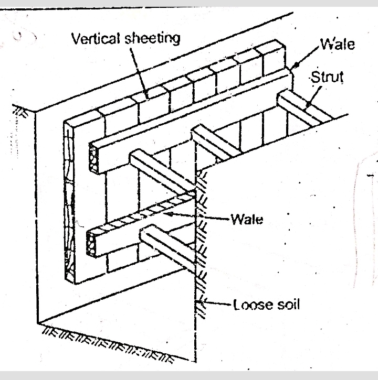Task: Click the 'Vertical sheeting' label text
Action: point(125,38)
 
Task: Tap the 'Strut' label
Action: point(327,77)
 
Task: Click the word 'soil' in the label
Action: point(287,304)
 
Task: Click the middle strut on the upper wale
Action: point(215,142)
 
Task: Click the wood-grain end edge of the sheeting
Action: point(68,204)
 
